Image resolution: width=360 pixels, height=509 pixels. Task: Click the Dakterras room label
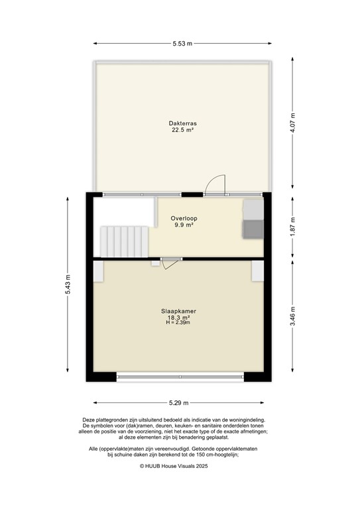[182, 123]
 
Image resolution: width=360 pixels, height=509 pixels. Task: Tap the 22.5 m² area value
[182, 131]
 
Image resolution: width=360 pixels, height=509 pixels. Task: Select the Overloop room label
[184, 218]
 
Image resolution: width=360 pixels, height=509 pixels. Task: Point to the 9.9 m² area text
[184, 225]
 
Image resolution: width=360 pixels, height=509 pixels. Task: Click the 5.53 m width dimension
[182, 44]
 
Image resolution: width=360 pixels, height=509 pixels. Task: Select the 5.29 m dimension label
[180, 402]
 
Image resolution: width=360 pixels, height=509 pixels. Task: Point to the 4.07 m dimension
[293, 124]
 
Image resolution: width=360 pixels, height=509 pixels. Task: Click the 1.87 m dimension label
[293, 225]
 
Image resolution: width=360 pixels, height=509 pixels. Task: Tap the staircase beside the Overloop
[123, 241]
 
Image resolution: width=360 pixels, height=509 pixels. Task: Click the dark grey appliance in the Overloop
[253, 229]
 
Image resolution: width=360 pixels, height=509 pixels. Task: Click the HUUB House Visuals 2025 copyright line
[180, 466]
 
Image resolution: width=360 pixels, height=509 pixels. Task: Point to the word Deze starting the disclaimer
[90, 420]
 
